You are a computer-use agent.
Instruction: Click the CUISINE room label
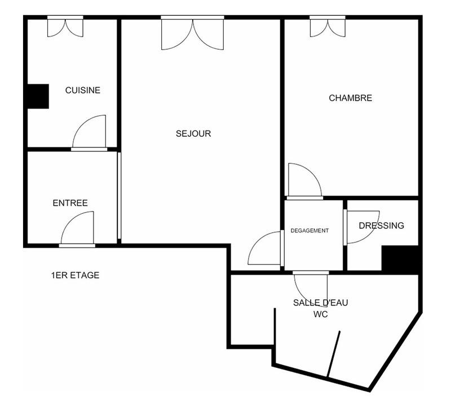click(x=83, y=90)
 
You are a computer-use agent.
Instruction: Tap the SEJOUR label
click(x=193, y=134)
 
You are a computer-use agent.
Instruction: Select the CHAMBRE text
click(x=350, y=98)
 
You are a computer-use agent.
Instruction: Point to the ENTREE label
click(x=70, y=203)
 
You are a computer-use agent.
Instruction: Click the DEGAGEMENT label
click(x=309, y=231)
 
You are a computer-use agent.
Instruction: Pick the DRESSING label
click(x=382, y=226)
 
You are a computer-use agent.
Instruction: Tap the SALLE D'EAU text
click(x=320, y=303)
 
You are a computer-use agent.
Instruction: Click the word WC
click(x=320, y=314)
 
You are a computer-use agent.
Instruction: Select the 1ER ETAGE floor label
click(x=75, y=275)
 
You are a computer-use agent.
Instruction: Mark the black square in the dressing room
click(x=401, y=260)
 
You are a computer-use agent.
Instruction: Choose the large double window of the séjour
click(x=192, y=33)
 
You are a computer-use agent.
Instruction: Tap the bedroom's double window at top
click(x=328, y=26)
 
